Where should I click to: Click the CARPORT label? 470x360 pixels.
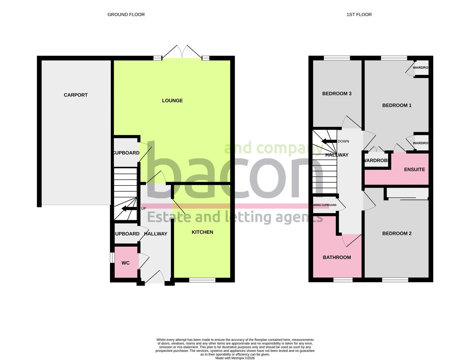[76, 95]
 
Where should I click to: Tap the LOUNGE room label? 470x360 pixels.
[172, 101]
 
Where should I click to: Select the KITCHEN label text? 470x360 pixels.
[202, 232]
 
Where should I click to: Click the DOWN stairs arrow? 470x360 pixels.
[329, 141]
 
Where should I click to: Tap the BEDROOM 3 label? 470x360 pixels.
[337, 94]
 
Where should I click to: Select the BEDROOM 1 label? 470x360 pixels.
[397, 105]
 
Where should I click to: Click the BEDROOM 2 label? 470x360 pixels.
[397, 233]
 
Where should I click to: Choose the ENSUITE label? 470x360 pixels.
[414, 170]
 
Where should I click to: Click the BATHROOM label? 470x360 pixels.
[337, 257]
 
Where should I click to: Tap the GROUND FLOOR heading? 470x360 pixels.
[126, 15]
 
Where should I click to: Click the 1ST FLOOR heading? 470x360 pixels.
[359, 15]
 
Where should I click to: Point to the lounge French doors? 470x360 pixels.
[182, 53]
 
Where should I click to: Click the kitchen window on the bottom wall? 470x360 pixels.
[202, 280]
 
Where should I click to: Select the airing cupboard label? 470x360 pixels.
[325, 205]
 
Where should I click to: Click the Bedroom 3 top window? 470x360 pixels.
[337, 58]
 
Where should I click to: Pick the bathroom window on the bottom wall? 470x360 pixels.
[343, 280]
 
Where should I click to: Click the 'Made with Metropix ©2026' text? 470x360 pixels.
[235, 358]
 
